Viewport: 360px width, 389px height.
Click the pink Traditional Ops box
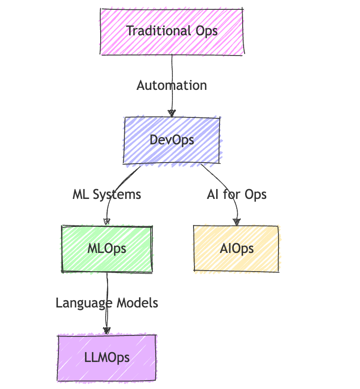(172, 31)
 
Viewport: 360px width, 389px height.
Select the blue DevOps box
(172, 140)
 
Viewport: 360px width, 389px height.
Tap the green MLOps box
(107, 249)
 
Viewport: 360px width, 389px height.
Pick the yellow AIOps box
(237, 249)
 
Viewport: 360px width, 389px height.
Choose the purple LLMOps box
(107, 357)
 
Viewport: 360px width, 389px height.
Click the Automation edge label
(172, 85)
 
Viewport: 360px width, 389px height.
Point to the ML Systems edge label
(107, 194)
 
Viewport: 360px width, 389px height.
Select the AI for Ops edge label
(237, 194)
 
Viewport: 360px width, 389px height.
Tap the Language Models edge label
(107, 303)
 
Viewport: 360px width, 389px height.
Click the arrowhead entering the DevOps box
(171, 113)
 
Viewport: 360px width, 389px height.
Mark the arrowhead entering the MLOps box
(107, 222)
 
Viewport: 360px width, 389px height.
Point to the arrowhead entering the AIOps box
(237, 222)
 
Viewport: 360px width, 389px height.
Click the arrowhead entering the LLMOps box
(107, 331)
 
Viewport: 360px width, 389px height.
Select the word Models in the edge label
(138, 303)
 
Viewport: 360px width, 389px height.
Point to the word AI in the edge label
(213, 194)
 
